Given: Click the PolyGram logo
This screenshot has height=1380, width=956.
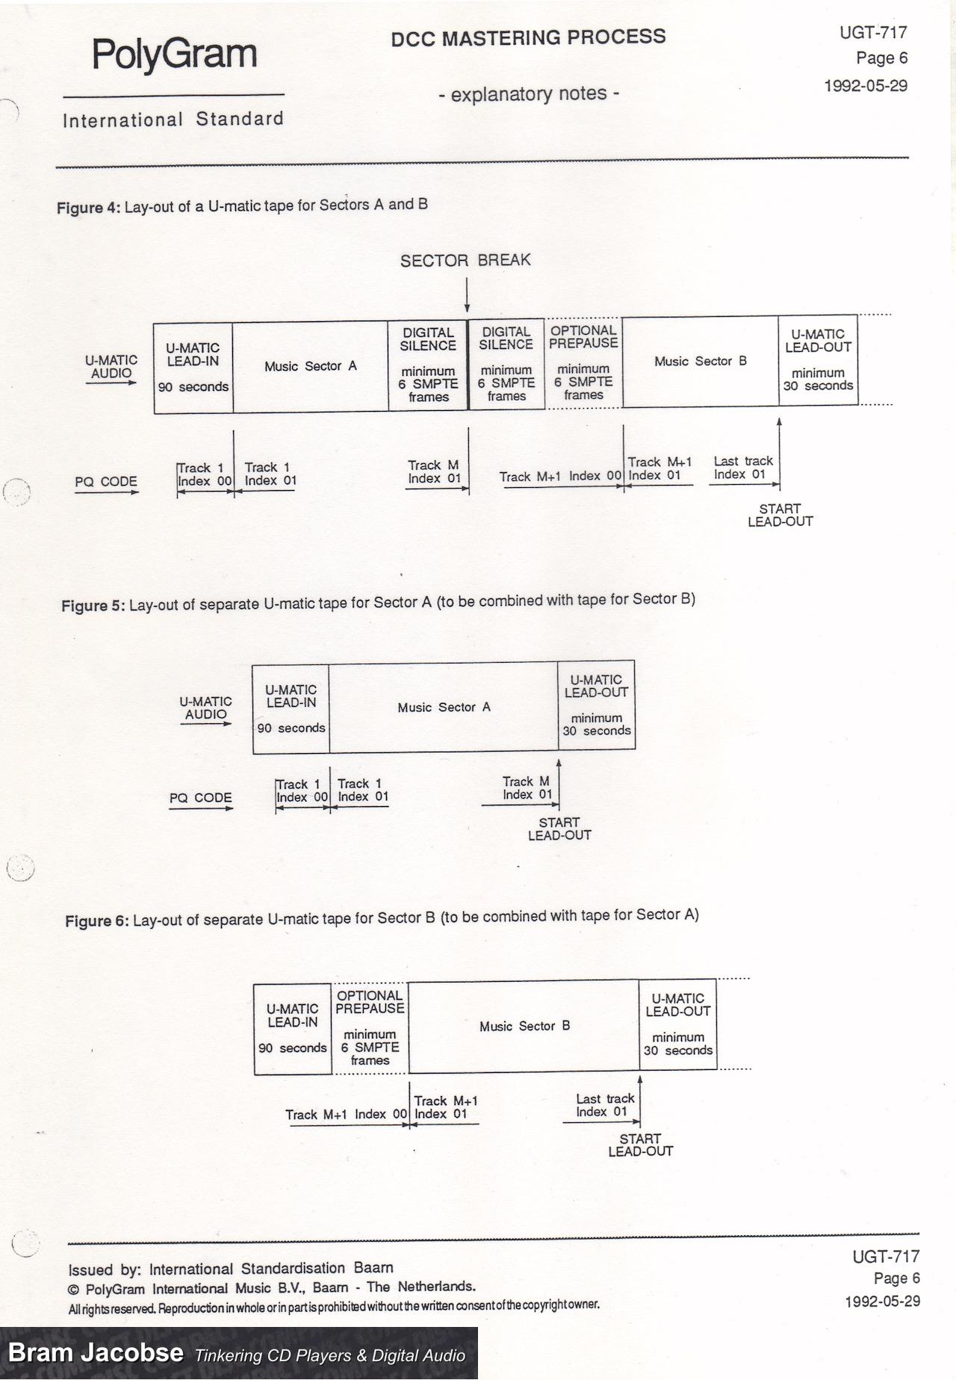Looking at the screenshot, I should pos(174,55).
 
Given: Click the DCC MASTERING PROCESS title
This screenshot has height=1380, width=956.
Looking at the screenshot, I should pos(528,37).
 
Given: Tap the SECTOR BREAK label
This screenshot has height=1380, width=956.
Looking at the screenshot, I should pos(465,260).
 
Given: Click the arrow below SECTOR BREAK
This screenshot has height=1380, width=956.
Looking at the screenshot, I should pos(467,295).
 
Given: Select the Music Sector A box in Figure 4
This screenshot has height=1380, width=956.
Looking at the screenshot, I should pos(310,366).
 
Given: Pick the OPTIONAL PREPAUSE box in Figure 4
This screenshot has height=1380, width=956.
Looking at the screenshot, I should pos(583,362).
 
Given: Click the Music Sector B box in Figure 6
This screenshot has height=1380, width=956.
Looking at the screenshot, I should pos(524,1027).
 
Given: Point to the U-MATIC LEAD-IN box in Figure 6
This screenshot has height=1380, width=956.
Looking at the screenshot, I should pos(293,1028).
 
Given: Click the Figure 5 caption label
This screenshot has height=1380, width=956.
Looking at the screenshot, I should pos(93,605).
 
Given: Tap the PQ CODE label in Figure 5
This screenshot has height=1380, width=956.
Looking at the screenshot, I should pos(200,798).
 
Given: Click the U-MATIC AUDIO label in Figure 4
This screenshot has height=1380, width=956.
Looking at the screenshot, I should pos(111,367).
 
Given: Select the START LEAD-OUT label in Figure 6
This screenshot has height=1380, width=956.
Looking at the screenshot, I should pos(640,1145).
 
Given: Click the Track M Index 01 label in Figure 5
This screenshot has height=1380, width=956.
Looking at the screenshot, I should pos(527,788).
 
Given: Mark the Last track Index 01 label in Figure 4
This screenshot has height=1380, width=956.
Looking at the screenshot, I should pos(742,468).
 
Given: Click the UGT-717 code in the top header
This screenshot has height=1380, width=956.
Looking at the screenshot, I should pos(872,32).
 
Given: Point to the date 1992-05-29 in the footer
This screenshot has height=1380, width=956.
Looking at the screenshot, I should pos(882,1301).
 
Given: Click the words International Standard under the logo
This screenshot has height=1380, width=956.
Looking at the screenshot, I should pos(173,120).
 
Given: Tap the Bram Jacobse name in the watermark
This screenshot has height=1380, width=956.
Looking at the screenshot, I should pos(96,1352).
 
